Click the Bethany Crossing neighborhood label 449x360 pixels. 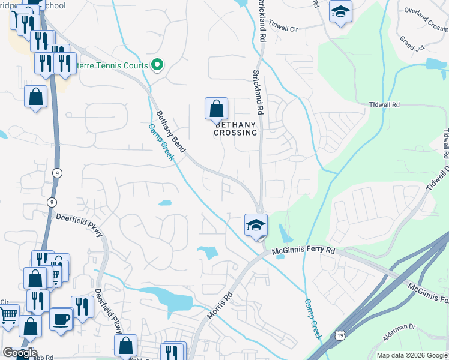[x=235, y=128]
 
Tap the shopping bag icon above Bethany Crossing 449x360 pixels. [x=216, y=109]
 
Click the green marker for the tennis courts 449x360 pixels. [x=157, y=65]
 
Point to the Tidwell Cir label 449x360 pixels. [x=284, y=27]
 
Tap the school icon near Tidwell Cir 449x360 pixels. [x=340, y=11]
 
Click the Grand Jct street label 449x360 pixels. [x=411, y=44]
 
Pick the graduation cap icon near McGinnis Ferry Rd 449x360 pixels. [x=256, y=226]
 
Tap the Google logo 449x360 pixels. [x=20, y=353]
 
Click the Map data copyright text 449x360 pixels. [x=412, y=355]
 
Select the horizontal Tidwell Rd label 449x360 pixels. [x=384, y=104]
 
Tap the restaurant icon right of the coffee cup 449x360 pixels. [x=82, y=307]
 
